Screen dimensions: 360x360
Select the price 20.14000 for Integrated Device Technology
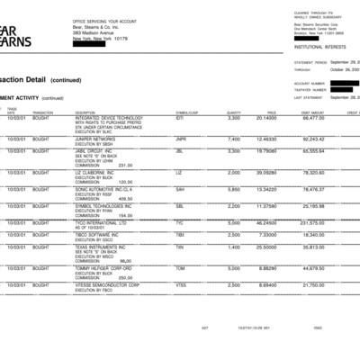(x=265, y=117)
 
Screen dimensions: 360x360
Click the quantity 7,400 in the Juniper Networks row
(x=234, y=139)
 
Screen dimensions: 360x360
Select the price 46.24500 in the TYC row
(x=265, y=221)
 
